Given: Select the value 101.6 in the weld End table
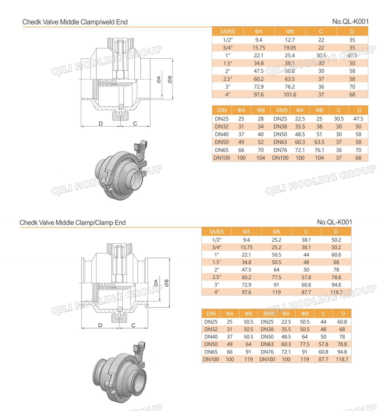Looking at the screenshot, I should [289, 95].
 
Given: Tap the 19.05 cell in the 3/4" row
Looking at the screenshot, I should [289, 48].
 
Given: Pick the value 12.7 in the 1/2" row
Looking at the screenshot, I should [289, 40].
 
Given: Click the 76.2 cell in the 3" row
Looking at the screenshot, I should [289, 87].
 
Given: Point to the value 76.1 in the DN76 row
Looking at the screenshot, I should [319, 150].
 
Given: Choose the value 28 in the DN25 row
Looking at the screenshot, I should [261, 119].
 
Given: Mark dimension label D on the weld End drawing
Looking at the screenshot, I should [101, 124].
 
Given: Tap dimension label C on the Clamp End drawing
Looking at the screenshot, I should [133, 325].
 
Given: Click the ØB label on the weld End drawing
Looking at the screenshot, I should [170, 80].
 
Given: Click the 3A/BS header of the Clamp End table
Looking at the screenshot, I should [216, 232].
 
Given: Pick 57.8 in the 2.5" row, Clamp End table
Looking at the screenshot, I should [306, 277].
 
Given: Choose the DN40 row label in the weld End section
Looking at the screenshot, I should [222, 135].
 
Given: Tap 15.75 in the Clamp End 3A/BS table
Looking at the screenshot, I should [246, 247].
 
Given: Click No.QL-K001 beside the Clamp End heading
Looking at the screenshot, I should [334, 222].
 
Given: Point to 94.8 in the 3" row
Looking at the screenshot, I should [336, 285].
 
